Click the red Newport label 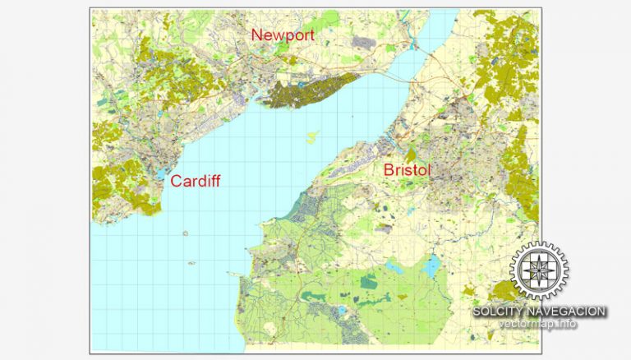(x=283, y=35)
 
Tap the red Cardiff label (x=196, y=181)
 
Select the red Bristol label (x=408, y=170)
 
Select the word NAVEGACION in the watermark (x=568, y=312)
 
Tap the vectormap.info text (x=538, y=324)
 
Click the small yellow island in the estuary (x=312, y=136)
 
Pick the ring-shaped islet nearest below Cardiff (x=187, y=233)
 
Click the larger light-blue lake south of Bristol (x=431, y=265)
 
